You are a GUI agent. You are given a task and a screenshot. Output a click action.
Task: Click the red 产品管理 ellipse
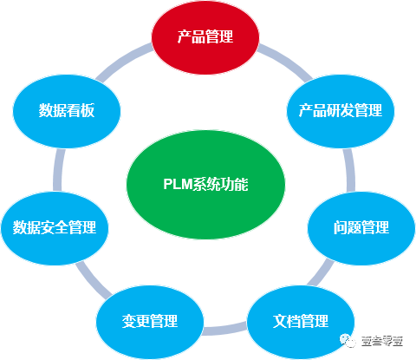[x=205, y=36]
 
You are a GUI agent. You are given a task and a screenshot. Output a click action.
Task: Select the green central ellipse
[x=205, y=184]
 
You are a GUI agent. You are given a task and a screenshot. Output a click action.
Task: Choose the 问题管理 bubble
[x=361, y=227]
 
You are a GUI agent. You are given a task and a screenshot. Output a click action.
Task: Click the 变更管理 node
[x=149, y=321]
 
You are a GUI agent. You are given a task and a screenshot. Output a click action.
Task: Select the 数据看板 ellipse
[x=67, y=110]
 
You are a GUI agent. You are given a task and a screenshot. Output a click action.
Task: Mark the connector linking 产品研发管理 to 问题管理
[x=348, y=170]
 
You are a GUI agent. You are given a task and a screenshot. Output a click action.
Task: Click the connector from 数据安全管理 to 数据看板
[x=57, y=169]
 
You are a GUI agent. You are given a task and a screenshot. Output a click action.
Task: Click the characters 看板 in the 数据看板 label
[x=81, y=110]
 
